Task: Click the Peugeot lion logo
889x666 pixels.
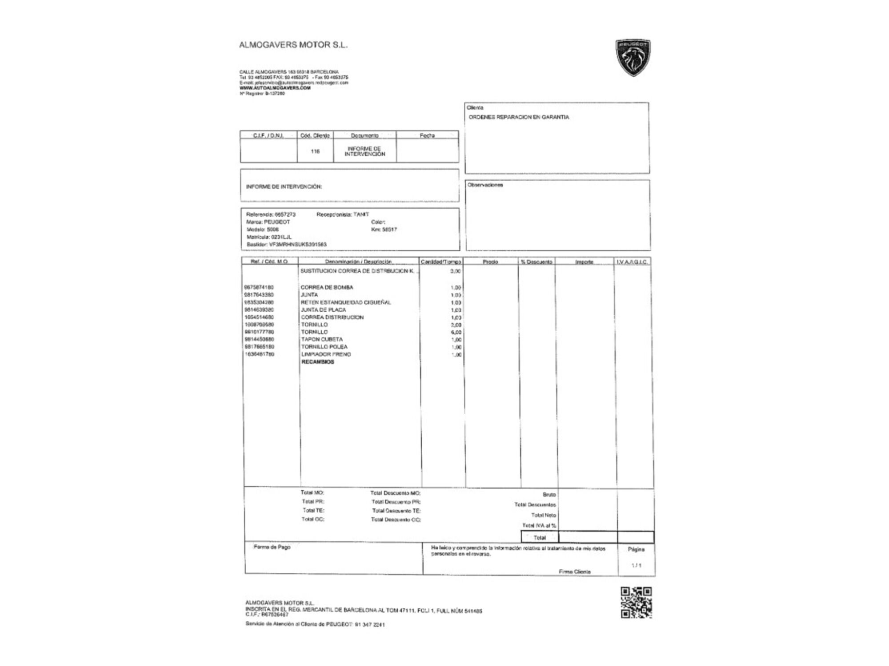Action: tap(633, 57)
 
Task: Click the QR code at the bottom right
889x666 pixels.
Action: tap(636, 603)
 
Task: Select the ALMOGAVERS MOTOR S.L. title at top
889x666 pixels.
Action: tap(293, 45)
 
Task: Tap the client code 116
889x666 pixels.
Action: tap(315, 151)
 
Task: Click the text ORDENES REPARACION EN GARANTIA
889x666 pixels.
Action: tap(519, 117)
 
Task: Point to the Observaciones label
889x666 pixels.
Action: tap(485, 185)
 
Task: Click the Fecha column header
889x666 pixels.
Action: tap(427, 135)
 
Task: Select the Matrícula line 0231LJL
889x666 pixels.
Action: tap(269, 237)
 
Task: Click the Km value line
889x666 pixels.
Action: tap(384, 230)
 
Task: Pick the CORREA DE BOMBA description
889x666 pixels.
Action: tap(327, 287)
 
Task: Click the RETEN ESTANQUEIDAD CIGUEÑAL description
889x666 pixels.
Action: tap(346, 302)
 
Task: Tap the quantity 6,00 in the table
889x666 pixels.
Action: tap(456, 332)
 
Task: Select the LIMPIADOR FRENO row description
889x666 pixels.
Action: tap(326, 354)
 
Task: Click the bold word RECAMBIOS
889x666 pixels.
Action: tap(318, 362)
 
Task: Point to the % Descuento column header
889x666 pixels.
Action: tap(537, 262)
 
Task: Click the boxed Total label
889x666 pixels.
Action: tap(540, 538)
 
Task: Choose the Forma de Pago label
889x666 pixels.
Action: tap(272, 547)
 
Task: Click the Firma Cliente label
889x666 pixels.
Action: tap(575, 572)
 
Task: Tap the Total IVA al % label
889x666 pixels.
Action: tap(539, 526)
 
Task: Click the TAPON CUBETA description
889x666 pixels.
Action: tap(322, 339)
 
